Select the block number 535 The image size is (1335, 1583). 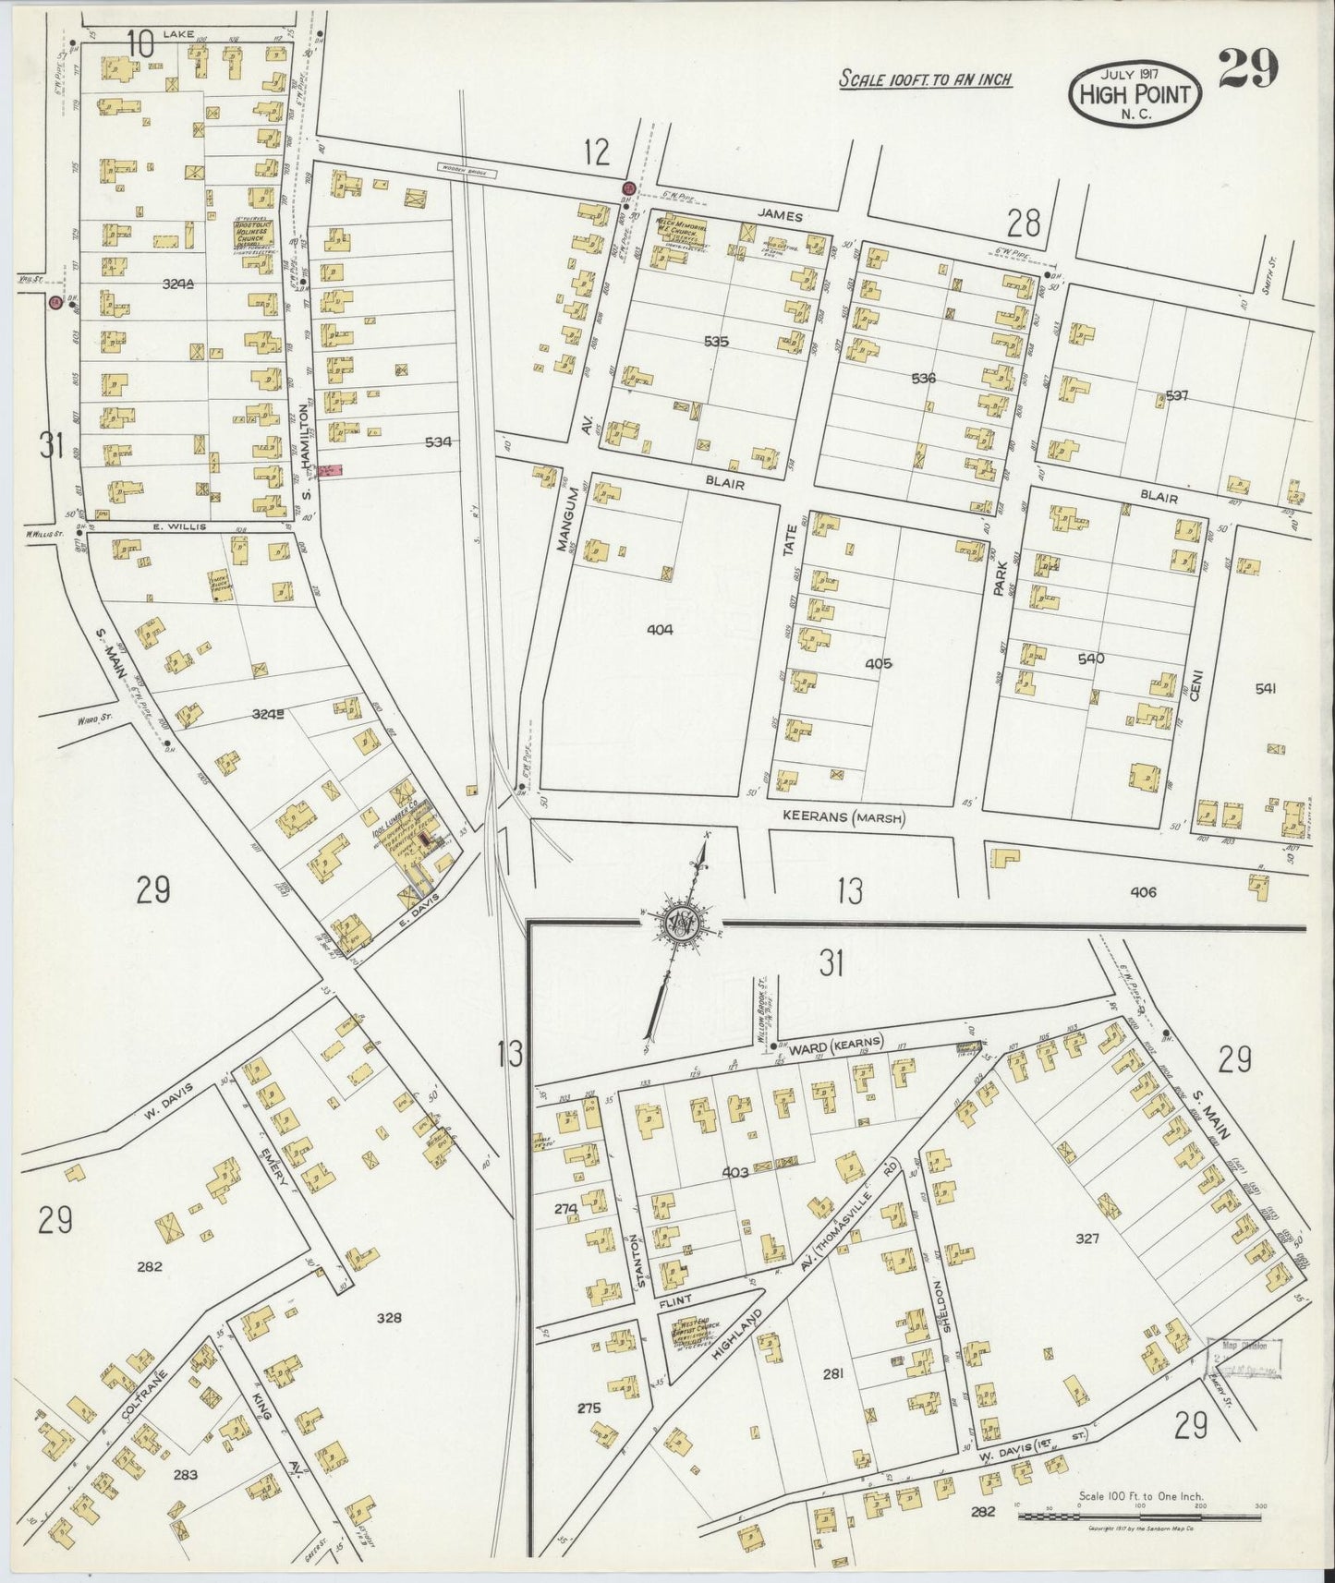[716, 341]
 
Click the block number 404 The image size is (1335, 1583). [661, 630]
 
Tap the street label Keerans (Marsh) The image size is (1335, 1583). [843, 816]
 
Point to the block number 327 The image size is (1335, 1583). [1087, 1238]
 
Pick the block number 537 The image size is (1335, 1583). [1176, 395]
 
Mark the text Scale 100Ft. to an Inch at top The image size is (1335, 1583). [924, 79]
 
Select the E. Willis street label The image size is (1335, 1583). [173, 526]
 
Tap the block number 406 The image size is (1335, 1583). [1143, 891]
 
